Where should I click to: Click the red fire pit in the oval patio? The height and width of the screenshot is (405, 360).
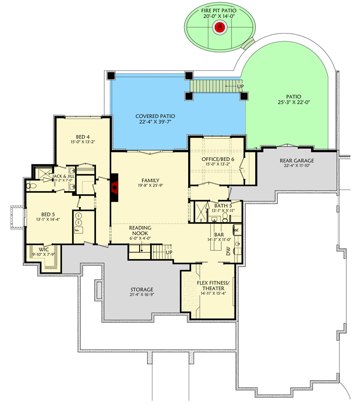pyautogui.click(x=219, y=28)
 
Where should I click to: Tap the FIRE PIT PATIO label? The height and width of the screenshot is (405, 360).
pyautogui.click(x=219, y=10)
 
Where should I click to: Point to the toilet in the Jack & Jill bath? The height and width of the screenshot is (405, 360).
pyautogui.click(x=29, y=186)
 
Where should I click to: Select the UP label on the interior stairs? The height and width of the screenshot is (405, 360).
pyautogui.click(x=169, y=253)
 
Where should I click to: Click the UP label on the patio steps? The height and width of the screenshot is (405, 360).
pyautogui.click(x=240, y=86)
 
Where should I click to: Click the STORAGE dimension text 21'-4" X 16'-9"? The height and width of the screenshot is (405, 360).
pyautogui.click(x=141, y=296)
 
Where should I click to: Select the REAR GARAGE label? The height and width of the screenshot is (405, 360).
pyautogui.click(x=298, y=160)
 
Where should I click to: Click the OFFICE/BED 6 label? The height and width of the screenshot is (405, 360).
pyautogui.click(x=218, y=159)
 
